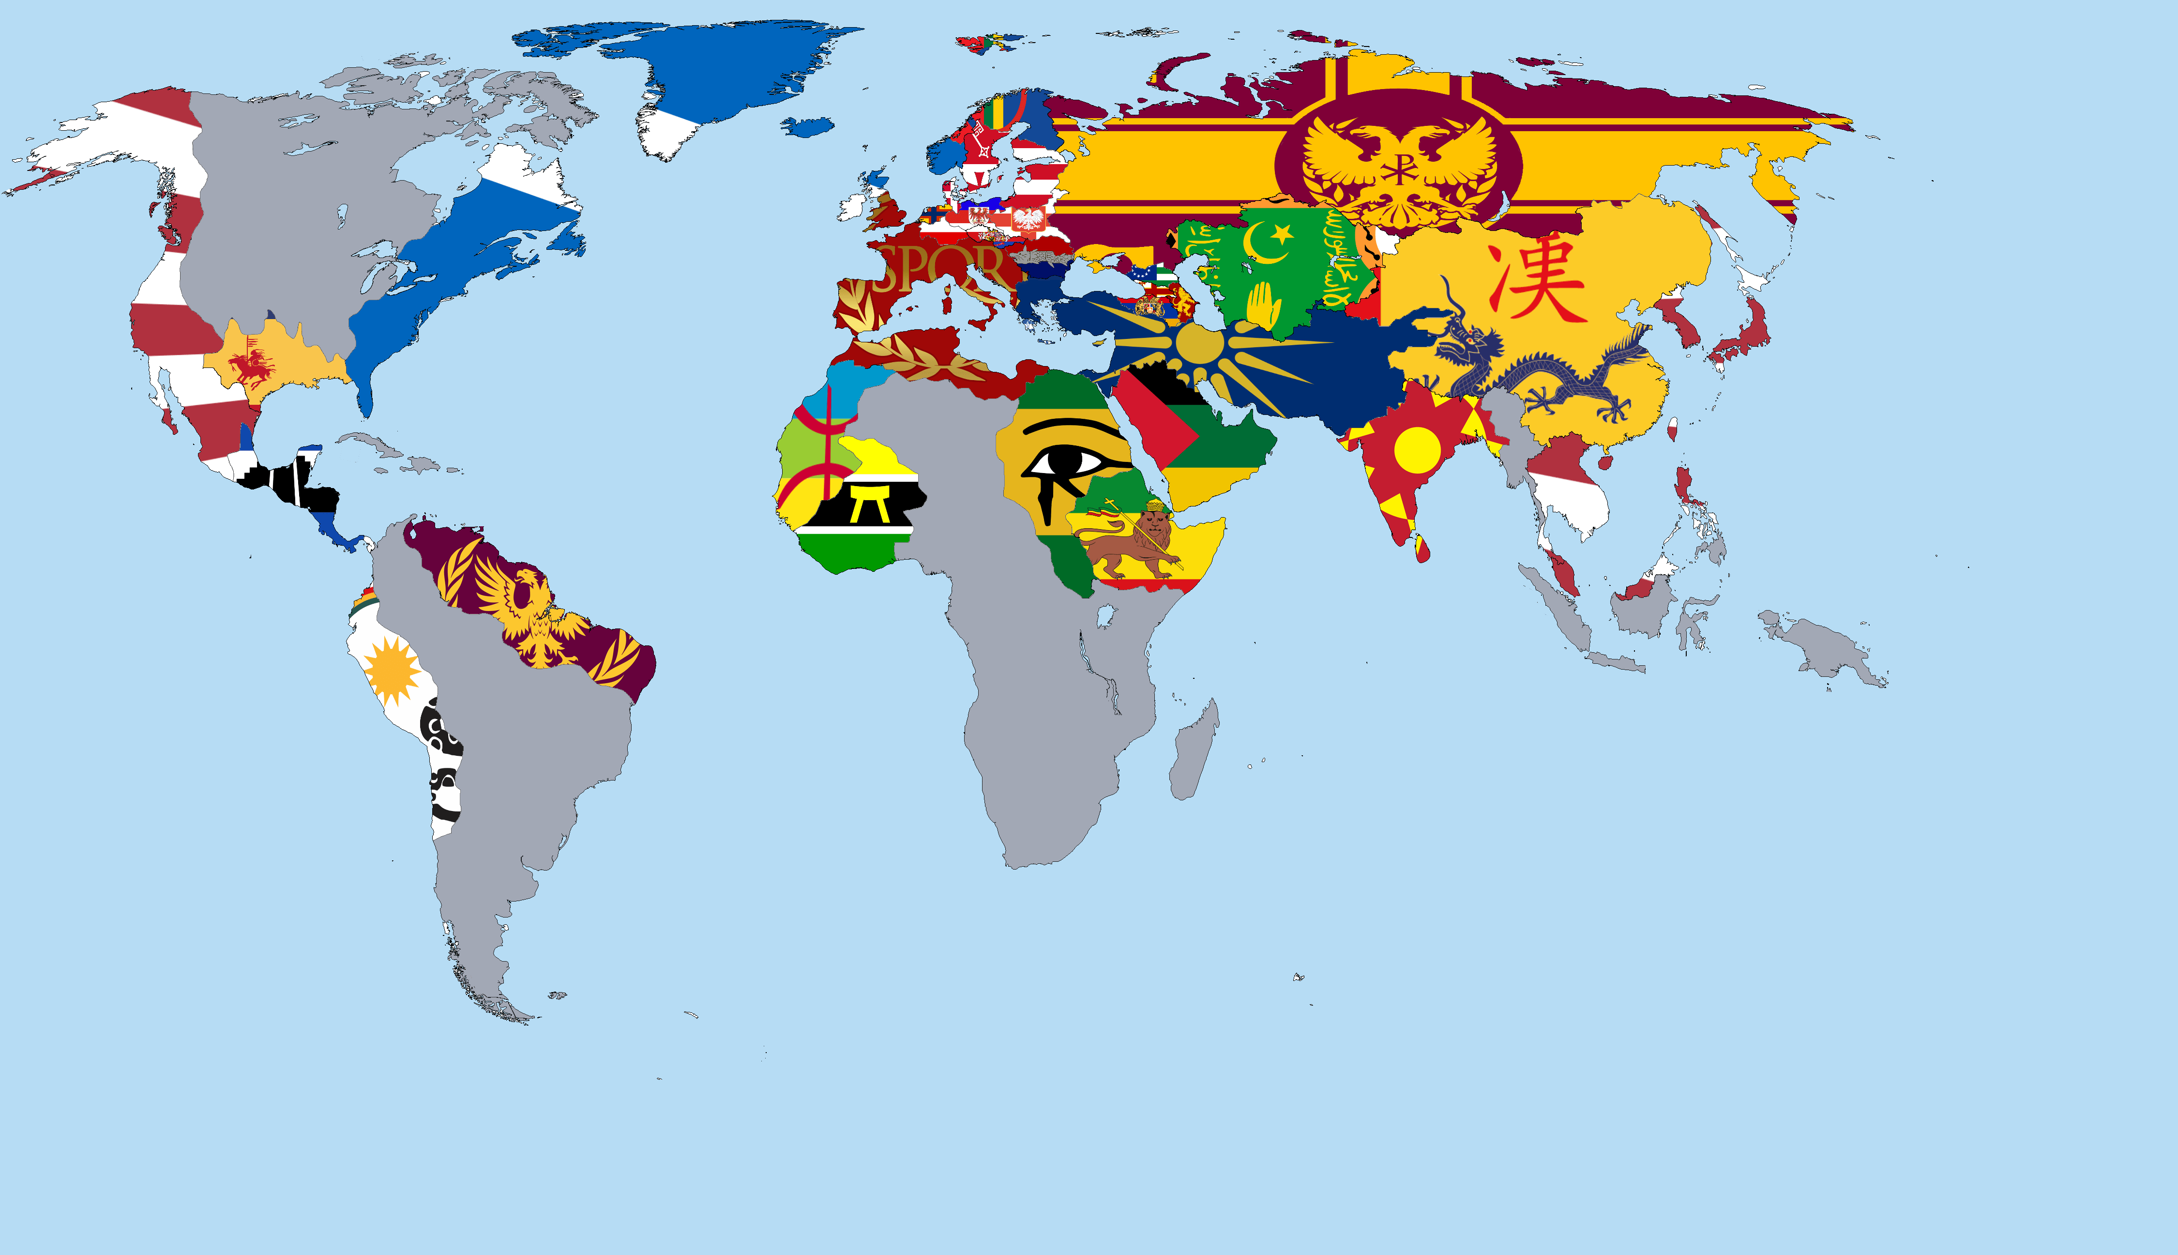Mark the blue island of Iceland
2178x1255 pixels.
click(x=807, y=127)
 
